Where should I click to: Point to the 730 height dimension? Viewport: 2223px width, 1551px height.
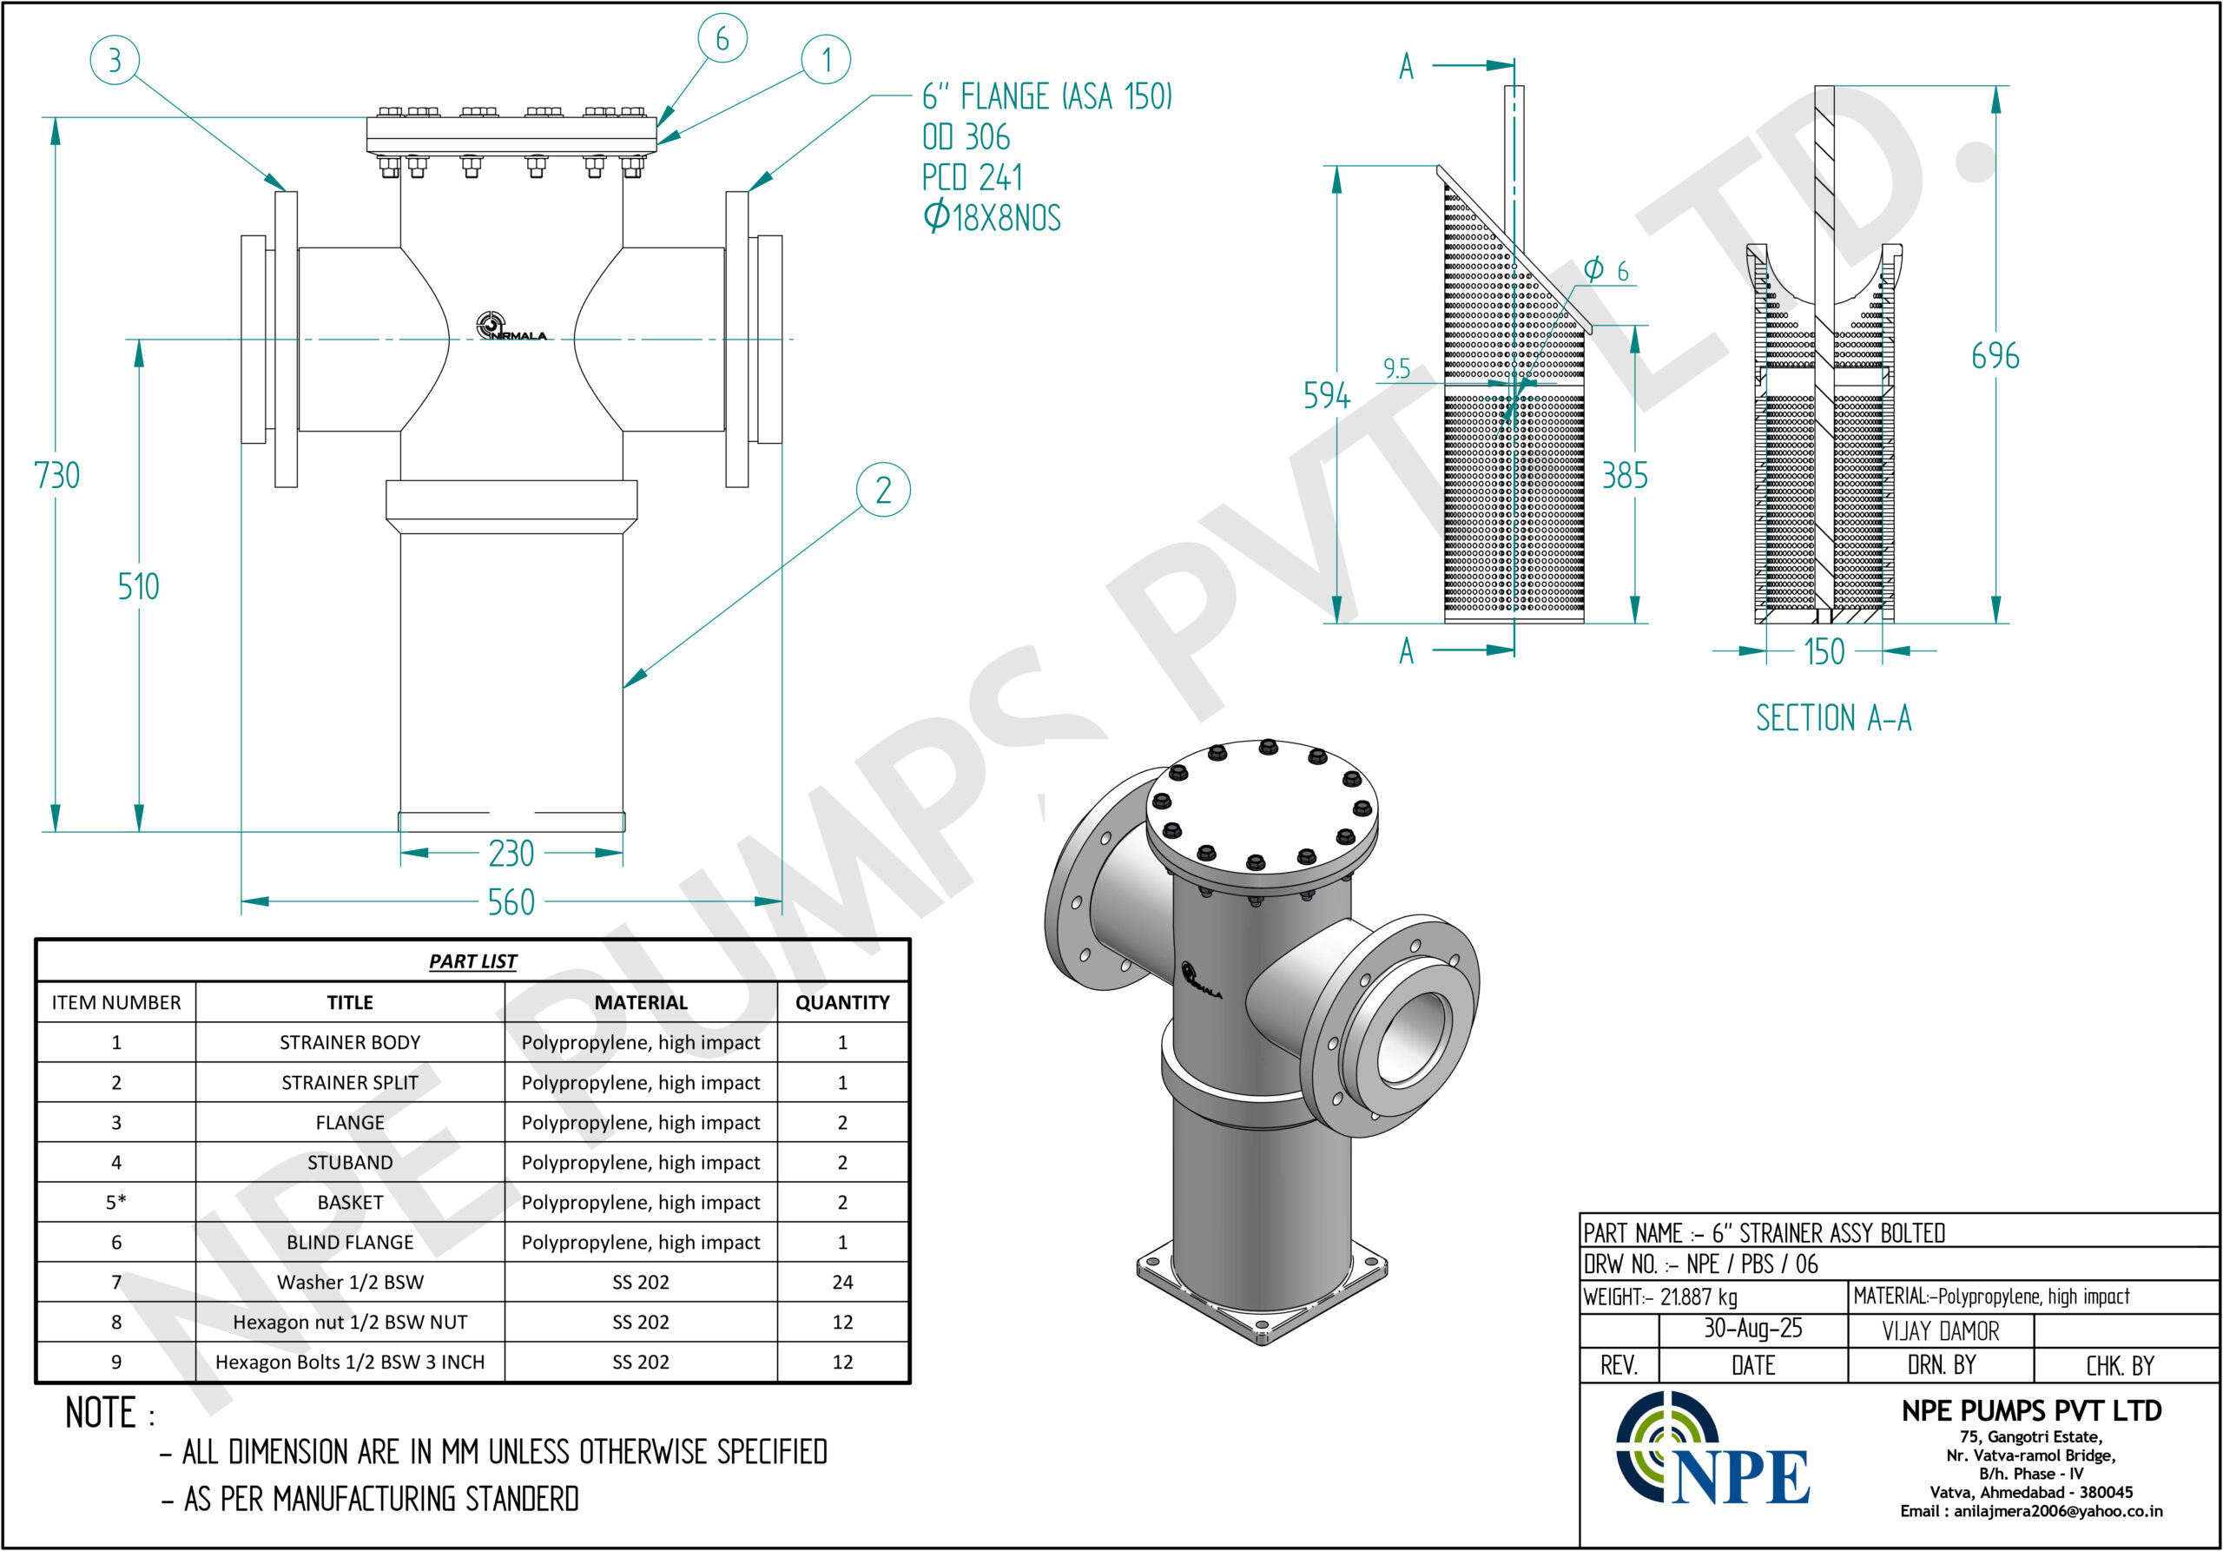[x=57, y=475]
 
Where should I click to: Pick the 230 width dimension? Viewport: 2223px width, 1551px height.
[x=511, y=853]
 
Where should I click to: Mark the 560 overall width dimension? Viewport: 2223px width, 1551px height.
[x=511, y=902]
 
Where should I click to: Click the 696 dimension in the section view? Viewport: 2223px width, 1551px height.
[x=1995, y=356]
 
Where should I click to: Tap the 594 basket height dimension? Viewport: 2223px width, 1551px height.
[x=1327, y=395]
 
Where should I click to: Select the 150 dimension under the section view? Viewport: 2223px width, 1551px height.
[x=1825, y=651]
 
